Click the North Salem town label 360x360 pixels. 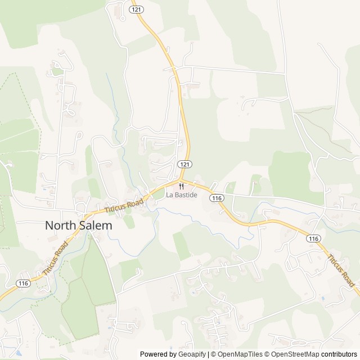tap(78, 225)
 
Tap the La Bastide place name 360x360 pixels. tap(181, 195)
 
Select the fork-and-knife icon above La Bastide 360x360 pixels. tap(181, 186)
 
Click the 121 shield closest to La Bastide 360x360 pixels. tap(184, 164)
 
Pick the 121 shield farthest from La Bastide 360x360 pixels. tap(135, 10)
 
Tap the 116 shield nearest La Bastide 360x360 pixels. tap(217, 198)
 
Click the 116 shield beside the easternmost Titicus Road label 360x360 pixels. tap(314, 238)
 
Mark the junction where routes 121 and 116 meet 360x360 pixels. tap(183, 181)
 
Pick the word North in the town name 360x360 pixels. tap(60, 225)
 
